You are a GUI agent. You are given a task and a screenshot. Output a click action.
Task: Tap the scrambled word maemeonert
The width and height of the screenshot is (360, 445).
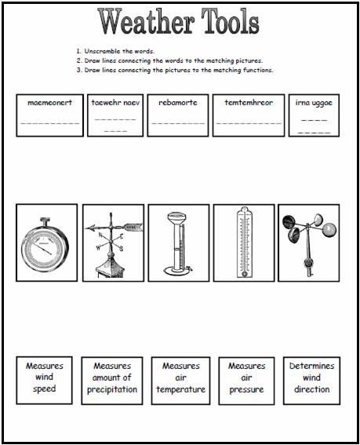coord(49,102)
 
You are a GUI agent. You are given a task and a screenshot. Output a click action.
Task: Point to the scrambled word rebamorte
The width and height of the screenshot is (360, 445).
coord(179,102)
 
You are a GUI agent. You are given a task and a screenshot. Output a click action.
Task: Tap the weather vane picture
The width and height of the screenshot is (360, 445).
coord(112,244)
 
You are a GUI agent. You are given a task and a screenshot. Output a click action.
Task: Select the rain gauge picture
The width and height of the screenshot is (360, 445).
coord(179,244)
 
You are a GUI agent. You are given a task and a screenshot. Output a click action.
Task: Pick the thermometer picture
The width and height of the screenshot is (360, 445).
coord(244,244)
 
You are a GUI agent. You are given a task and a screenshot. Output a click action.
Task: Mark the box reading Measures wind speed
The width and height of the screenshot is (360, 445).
coord(45,378)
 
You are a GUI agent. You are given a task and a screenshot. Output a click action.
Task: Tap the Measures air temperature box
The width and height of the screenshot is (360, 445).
coord(180,378)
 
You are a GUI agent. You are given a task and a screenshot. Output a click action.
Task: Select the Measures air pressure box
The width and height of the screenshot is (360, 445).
coord(246,378)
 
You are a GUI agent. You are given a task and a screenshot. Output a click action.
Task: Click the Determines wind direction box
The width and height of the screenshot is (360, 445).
coord(312,378)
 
